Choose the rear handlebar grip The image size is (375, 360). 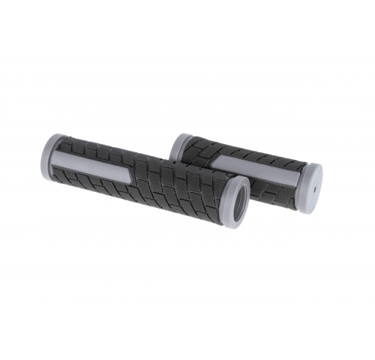[247, 169]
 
